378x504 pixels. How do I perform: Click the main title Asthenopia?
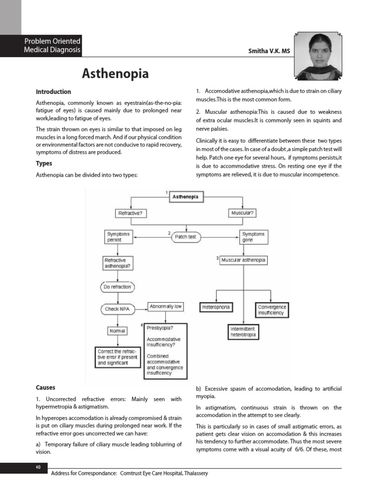click(115, 73)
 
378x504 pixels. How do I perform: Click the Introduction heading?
click(53, 92)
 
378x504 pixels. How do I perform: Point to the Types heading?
click(44, 163)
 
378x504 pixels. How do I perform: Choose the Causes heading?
click(46, 387)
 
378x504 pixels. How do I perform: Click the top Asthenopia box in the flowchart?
click(186, 197)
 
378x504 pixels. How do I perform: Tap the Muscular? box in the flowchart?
click(243, 213)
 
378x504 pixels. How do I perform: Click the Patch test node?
click(186, 237)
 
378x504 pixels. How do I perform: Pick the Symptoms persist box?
click(119, 237)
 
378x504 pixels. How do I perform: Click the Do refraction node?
click(118, 286)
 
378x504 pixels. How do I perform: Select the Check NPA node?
click(118, 309)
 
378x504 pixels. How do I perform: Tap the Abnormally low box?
click(165, 307)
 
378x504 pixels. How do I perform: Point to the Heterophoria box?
click(216, 307)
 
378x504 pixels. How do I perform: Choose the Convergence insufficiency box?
click(272, 310)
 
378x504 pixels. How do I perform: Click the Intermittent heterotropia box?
click(243, 332)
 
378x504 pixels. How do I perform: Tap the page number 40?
click(38, 467)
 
